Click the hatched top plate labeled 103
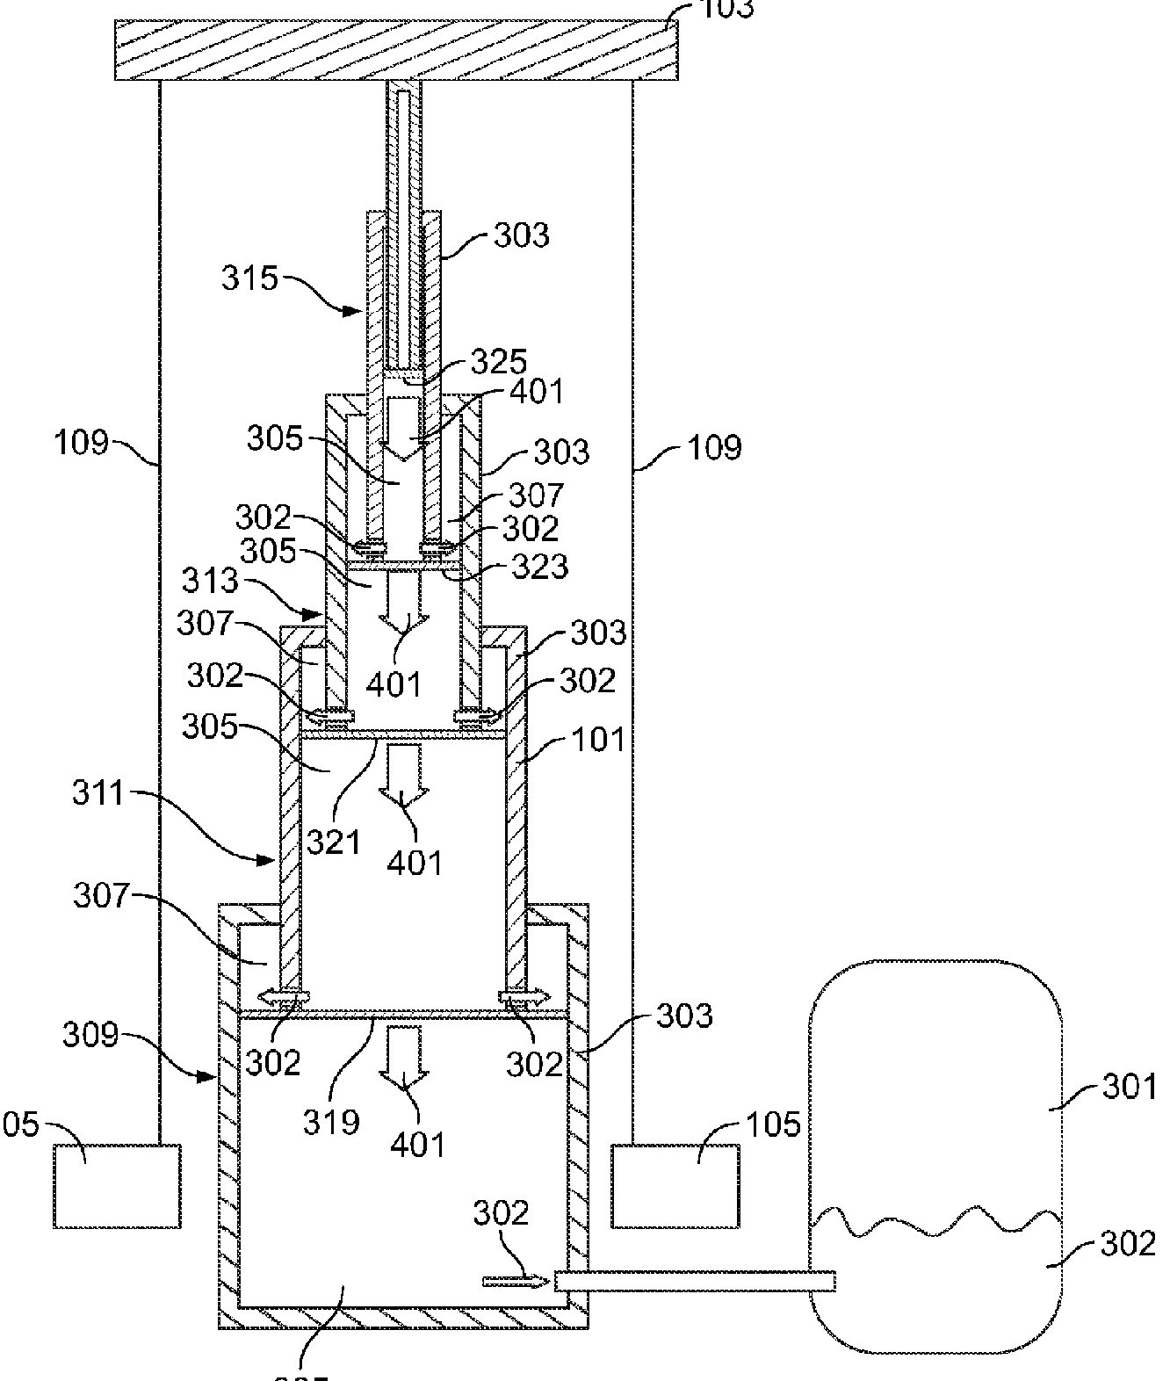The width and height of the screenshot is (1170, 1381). coord(395,51)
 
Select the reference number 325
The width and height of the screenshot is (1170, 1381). coord(498,361)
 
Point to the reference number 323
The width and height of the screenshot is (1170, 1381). coord(540,567)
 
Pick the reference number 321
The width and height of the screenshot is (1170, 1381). coord(333,842)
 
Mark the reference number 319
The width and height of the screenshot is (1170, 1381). coord(332,1121)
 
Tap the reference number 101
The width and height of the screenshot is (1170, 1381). coord(597,740)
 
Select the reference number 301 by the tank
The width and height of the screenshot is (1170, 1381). coord(1130,1088)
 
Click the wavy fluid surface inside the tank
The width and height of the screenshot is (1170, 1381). coord(935,1221)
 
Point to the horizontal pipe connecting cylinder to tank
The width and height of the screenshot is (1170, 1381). coord(694,1283)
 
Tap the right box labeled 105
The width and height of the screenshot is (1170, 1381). coord(675,1185)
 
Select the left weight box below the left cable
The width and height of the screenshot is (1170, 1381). coord(117,1185)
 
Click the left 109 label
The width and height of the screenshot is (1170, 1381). coord(80,443)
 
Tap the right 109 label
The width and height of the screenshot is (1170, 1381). coord(716,447)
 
